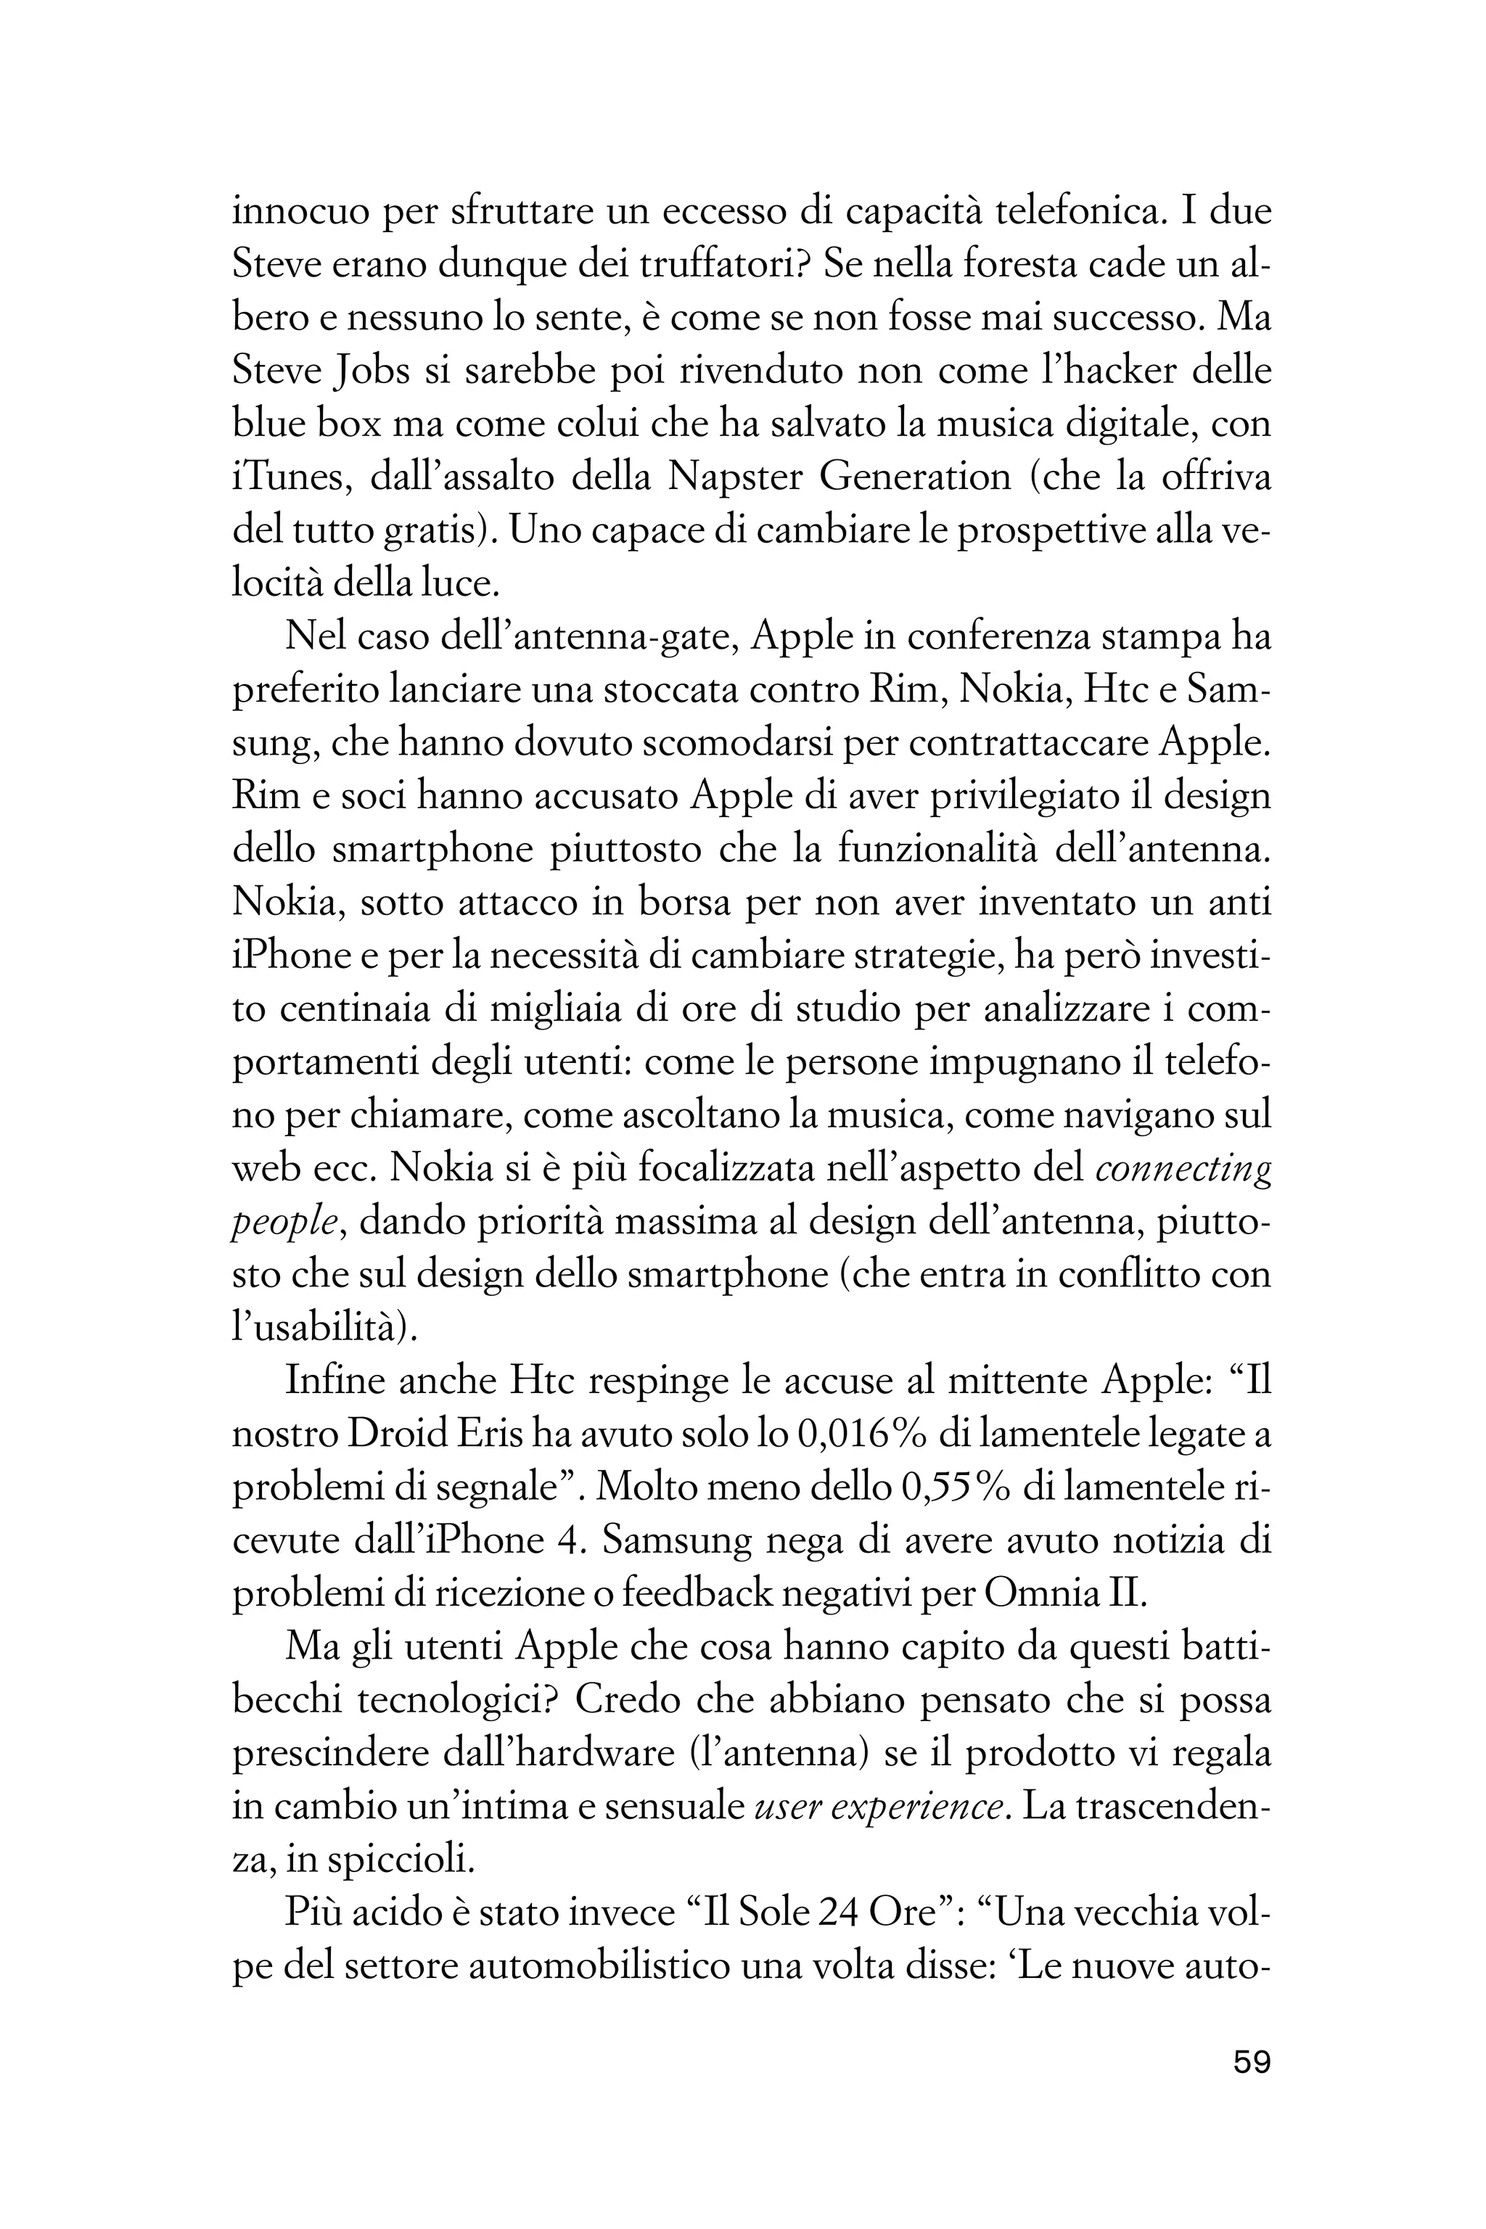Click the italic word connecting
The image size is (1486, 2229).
[x=1183, y=1171]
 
